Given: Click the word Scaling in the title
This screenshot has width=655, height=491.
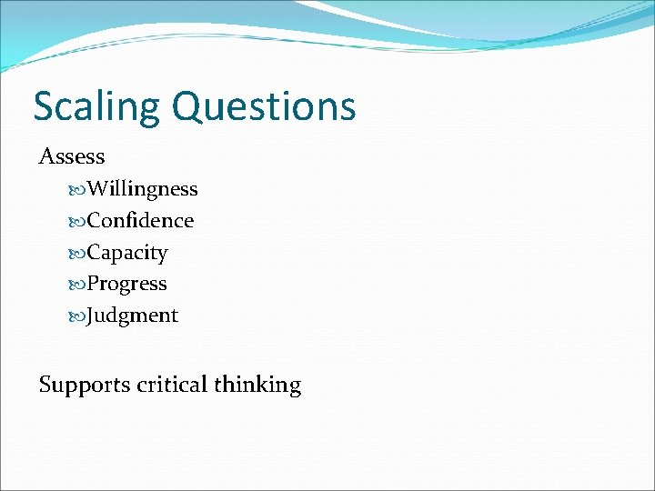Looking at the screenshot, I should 97,107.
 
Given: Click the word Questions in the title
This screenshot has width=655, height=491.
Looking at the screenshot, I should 263,107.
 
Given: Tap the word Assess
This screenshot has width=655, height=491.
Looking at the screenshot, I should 72,156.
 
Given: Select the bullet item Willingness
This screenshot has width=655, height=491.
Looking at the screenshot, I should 142,189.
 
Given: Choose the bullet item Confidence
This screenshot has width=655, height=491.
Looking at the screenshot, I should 140,221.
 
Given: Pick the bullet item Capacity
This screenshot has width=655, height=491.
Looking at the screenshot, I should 127,253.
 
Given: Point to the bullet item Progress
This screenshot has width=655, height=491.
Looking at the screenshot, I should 126,284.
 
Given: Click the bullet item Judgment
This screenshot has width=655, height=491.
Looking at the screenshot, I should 132,316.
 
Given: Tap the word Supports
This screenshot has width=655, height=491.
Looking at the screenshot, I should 84,385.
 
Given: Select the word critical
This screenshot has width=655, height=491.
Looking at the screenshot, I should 172,385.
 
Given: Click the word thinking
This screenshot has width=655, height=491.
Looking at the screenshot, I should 257,385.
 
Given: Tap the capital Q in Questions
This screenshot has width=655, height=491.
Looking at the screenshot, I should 187,106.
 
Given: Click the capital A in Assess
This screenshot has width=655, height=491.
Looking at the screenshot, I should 46,156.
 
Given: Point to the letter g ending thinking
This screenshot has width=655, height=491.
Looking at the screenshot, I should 295,387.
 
